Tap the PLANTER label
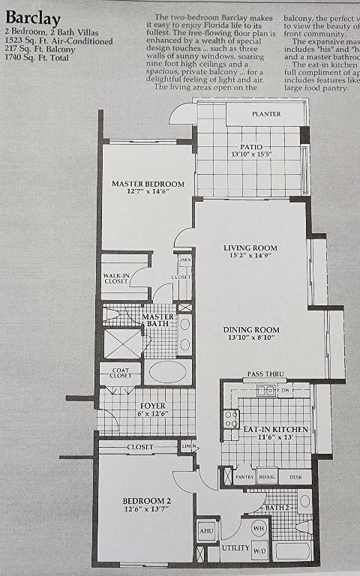click(265, 114)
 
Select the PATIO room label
click(250, 147)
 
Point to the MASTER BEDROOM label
click(148, 184)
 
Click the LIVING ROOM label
click(250, 247)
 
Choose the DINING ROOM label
click(251, 329)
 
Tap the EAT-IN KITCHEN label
click(276, 429)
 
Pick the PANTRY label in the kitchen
click(244, 477)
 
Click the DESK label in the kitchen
click(295, 477)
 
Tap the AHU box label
click(207, 530)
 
